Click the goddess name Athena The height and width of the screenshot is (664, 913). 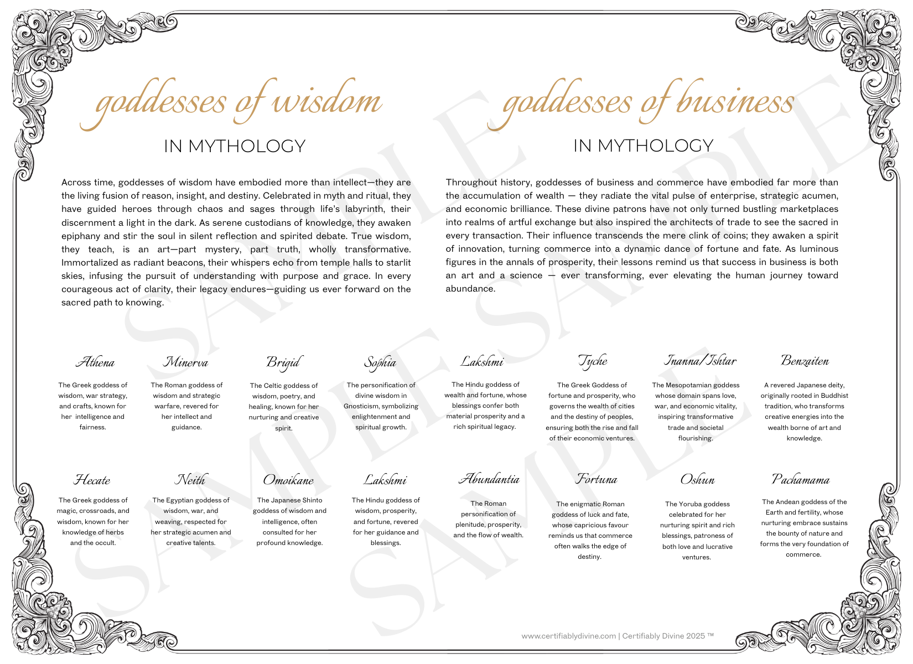click(95, 362)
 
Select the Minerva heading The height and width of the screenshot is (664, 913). click(185, 362)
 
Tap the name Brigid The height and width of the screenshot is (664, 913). click(283, 362)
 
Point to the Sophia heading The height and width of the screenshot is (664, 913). click(380, 362)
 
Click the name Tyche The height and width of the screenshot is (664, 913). click(593, 361)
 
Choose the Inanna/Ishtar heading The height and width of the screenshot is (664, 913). click(700, 361)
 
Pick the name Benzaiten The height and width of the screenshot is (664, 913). click(805, 361)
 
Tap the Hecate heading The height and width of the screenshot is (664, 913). click(92, 480)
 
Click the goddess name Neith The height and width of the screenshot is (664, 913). click(190, 480)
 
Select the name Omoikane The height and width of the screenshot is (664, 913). click(288, 480)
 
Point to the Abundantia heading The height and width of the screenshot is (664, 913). click(489, 479)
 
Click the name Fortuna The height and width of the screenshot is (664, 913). click(596, 479)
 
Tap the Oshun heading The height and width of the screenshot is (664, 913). click(697, 480)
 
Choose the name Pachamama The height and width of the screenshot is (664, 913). click(801, 479)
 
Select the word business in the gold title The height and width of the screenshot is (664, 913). click(736, 102)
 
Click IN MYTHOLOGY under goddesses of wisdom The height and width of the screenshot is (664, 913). click(235, 146)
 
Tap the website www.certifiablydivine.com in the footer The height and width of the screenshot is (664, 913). click(568, 636)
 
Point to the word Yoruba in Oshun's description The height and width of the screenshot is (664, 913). click(690, 504)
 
